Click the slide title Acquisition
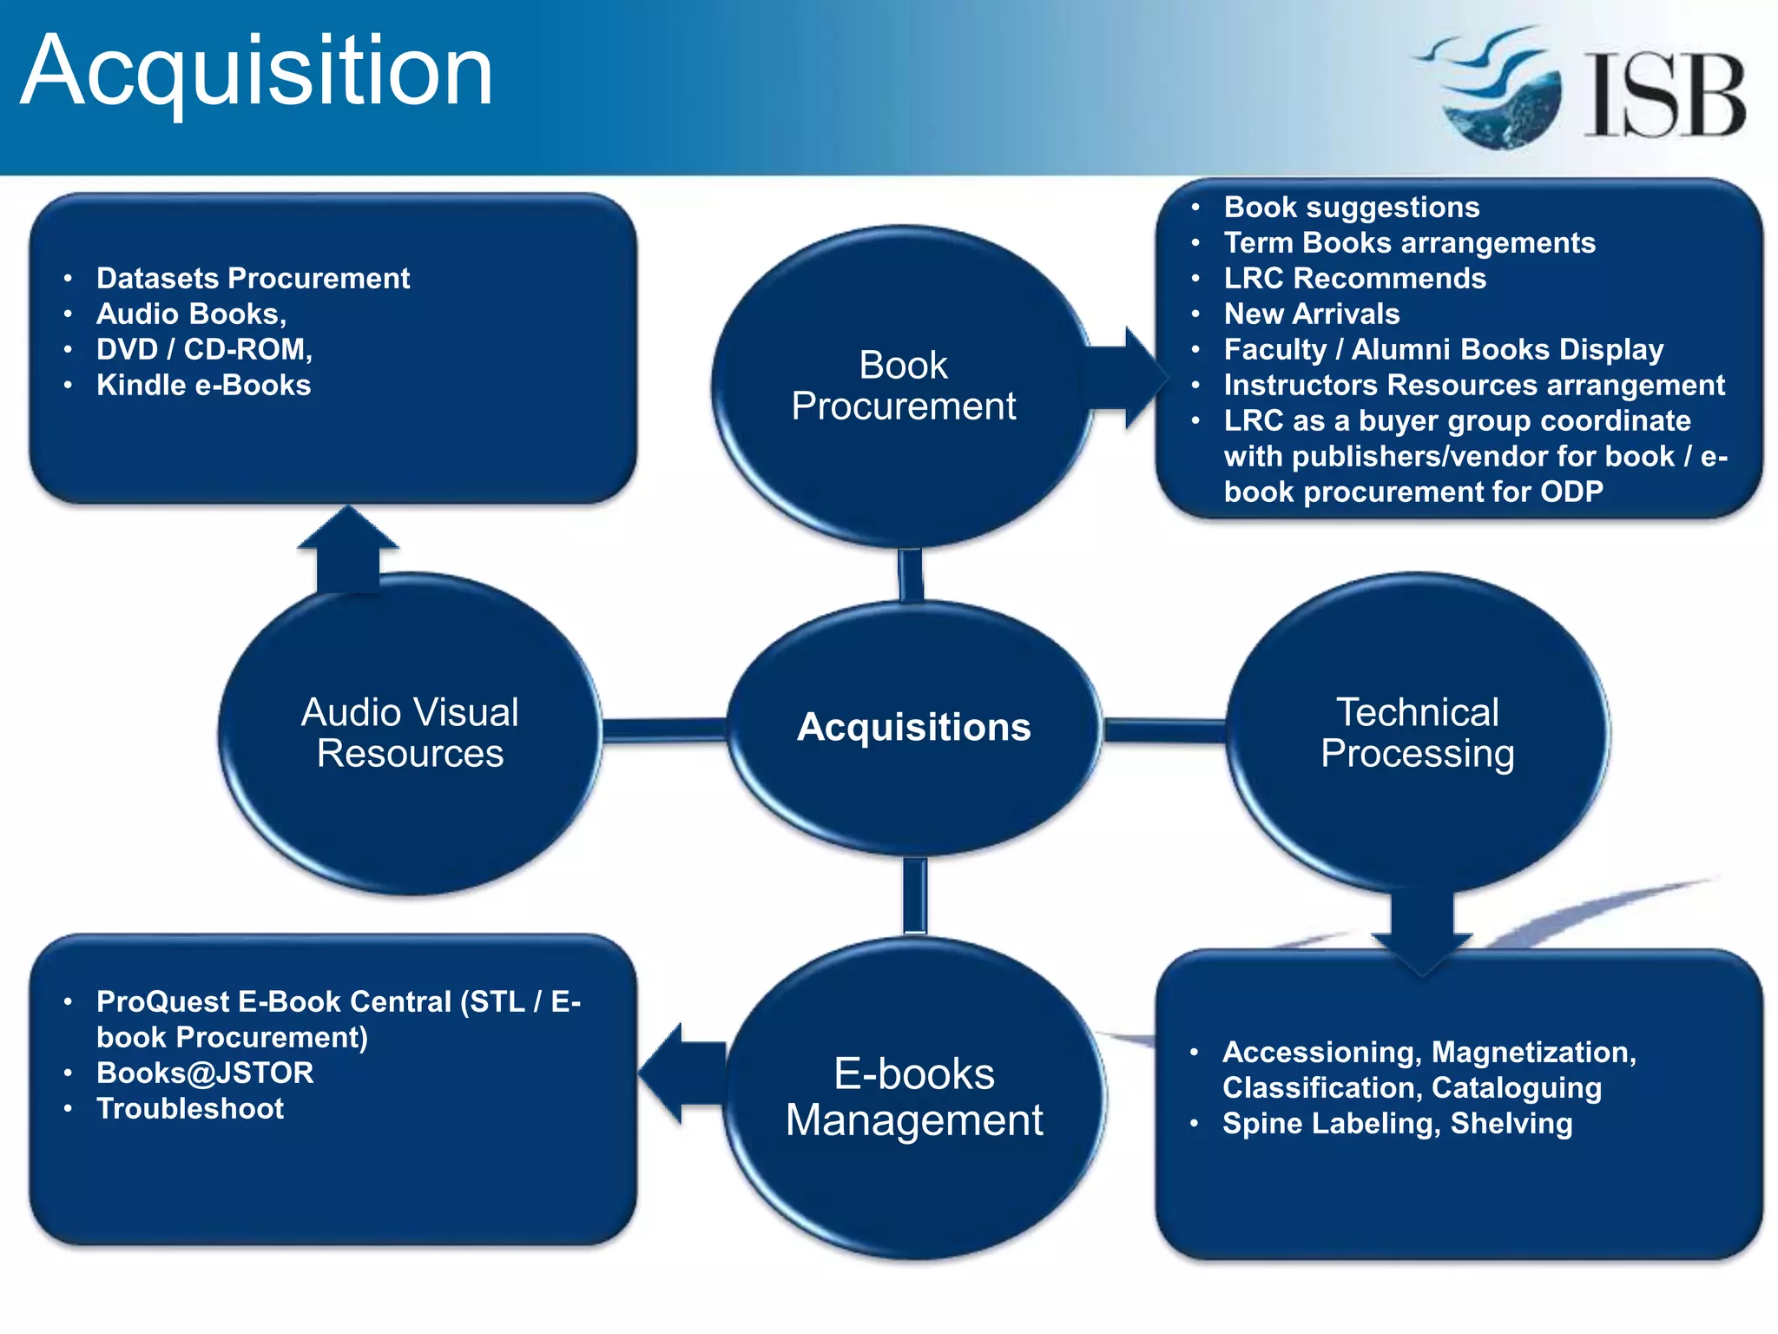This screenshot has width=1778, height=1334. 257,71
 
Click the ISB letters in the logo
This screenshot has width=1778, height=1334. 1664,96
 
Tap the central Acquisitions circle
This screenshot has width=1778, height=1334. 913,728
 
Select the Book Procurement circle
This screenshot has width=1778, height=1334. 903,386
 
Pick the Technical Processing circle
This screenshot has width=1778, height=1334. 1417,733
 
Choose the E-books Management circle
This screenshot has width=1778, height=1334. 913,1098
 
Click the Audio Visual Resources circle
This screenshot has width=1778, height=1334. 410,733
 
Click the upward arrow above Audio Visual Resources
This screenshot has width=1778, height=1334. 347,551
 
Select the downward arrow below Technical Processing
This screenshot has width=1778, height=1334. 1421,934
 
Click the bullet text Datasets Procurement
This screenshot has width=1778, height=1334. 253,278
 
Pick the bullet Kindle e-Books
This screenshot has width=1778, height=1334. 203,385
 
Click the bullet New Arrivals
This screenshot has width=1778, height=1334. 1311,314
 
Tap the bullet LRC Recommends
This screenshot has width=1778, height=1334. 1354,278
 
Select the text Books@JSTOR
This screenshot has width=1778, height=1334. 205,1073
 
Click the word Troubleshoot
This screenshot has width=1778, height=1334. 190,1108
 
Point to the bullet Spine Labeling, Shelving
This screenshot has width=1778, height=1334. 1397,1123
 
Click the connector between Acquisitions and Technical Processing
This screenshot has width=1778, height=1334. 1163,730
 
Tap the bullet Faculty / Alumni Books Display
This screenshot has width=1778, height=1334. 1443,349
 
